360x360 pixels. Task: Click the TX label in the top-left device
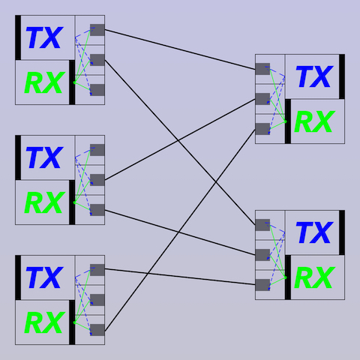click(44, 37)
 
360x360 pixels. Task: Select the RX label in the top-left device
click(45, 82)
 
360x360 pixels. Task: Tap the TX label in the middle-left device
click(44, 157)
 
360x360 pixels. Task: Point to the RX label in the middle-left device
click(45, 202)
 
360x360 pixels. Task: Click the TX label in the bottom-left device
click(44, 277)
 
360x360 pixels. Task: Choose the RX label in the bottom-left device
click(45, 322)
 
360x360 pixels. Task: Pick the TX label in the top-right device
click(314, 76)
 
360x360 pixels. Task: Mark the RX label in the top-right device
click(315, 121)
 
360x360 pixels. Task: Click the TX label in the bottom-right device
click(314, 232)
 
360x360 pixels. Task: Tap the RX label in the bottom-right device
click(315, 277)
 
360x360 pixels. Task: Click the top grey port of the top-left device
click(97, 30)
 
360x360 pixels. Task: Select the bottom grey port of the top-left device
click(97, 90)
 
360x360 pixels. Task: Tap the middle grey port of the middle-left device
click(97, 180)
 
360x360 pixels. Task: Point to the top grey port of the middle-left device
click(97, 150)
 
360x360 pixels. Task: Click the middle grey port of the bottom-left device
click(97, 300)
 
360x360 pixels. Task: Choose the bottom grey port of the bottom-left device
click(97, 330)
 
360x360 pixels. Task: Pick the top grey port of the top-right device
click(262, 69)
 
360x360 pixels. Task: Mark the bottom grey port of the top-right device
click(262, 129)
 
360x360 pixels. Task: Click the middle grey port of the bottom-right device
click(262, 255)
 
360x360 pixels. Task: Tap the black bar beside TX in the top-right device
click(342, 76)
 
